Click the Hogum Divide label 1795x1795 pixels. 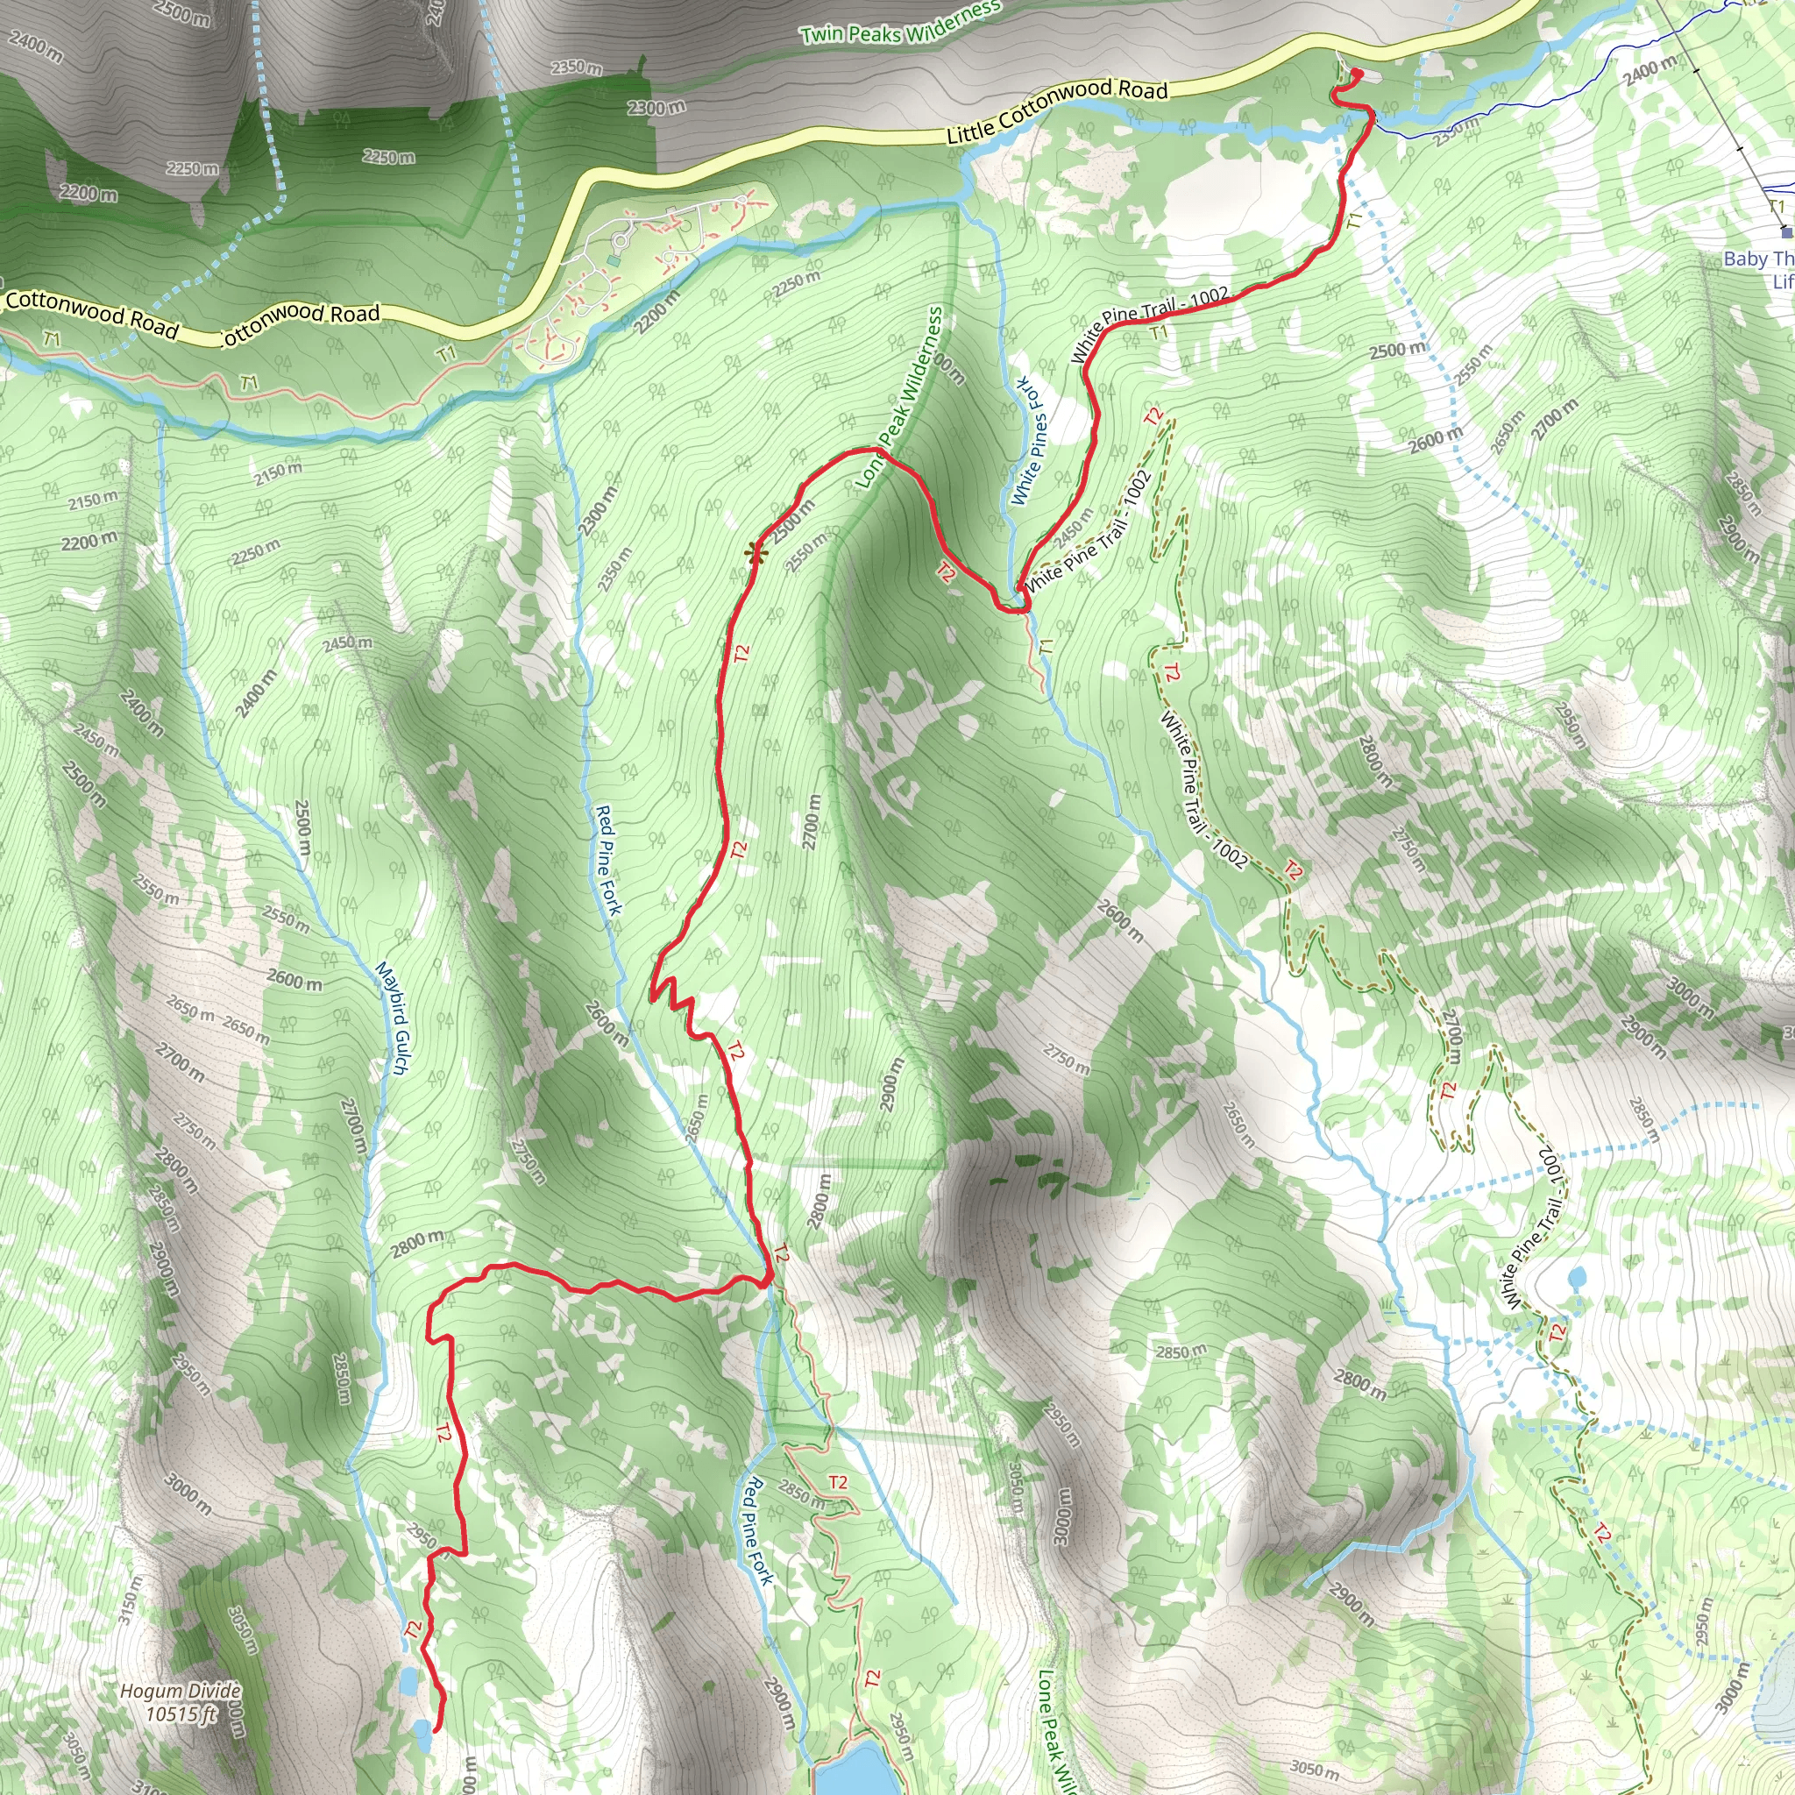181,1691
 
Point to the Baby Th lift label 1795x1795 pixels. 1758,259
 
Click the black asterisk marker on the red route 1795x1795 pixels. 755,555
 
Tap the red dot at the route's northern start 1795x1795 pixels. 1356,74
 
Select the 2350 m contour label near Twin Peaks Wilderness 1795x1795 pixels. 576,67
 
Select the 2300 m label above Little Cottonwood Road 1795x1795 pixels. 656,108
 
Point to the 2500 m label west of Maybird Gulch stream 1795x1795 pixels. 304,827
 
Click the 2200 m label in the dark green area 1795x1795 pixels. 89,193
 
